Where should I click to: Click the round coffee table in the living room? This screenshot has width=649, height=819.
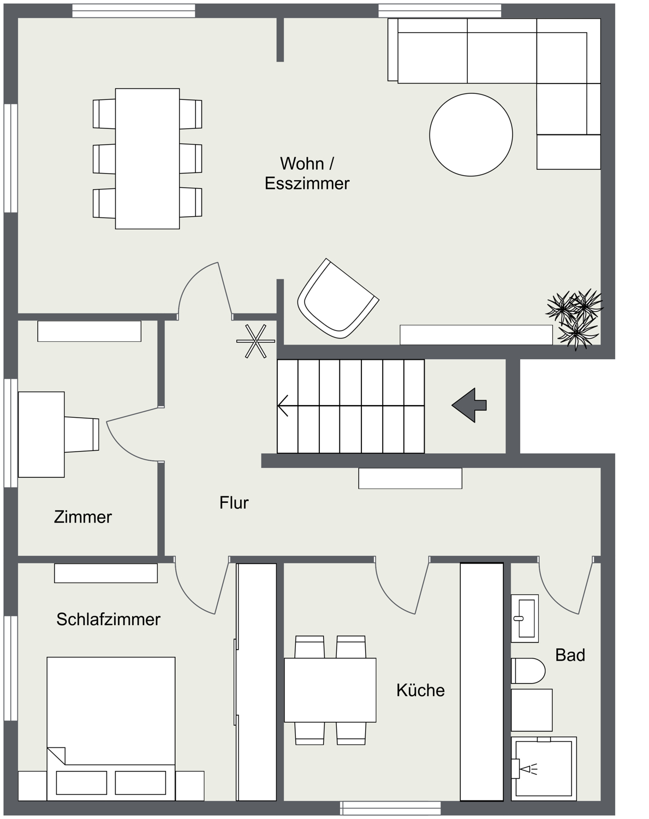pyautogui.click(x=471, y=135)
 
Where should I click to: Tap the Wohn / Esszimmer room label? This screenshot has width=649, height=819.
pyautogui.click(x=307, y=173)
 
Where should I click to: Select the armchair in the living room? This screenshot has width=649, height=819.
pyautogui.click(x=337, y=299)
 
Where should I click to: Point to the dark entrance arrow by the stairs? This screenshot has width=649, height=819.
pyautogui.click(x=469, y=405)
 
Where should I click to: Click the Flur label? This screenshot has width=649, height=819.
pyautogui.click(x=234, y=502)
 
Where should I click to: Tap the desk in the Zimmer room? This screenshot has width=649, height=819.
pyautogui.click(x=41, y=434)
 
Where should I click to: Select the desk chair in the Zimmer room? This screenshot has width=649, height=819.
pyautogui.click(x=82, y=434)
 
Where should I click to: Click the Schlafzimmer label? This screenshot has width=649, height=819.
pyautogui.click(x=108, y=619)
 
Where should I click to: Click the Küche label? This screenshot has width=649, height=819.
pyautogui.click(x=420, y=690)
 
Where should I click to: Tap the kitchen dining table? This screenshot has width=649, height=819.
pyautogui.click(x=330, y=690)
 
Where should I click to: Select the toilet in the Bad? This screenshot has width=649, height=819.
pyautogui.click(x=528, y=670)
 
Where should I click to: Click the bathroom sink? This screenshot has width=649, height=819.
pyautogui.click(x=525, y=618)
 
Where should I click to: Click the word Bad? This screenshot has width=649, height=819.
pyautogui.click(x=570, y=655)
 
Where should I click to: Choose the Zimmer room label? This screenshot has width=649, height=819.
pyautogui.click(x=83, y=517)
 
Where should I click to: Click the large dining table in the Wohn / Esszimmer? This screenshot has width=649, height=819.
pyautogui.click(x=147, y=158)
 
